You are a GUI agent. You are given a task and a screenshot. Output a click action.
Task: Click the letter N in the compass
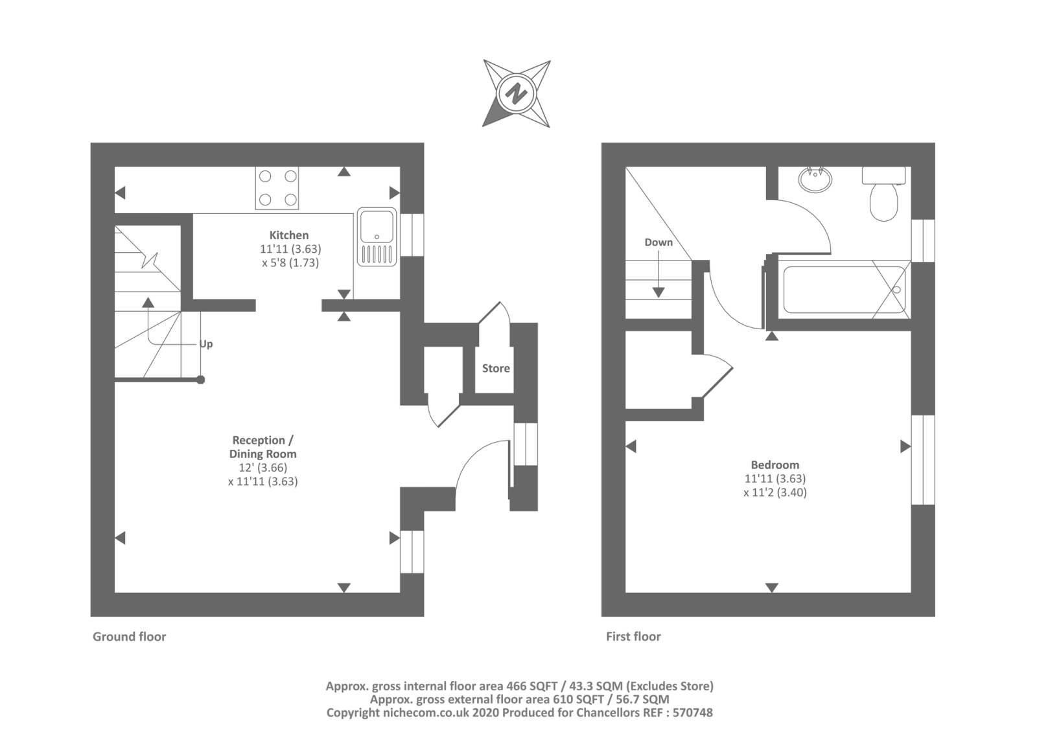point(517,94)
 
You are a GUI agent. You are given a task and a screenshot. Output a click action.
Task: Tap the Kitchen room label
point(289,235)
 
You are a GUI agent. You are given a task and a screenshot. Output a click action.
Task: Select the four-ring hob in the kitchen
point(277,188)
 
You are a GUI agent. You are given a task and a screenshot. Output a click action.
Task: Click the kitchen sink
point(377,237)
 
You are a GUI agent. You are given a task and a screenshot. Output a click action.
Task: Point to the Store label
point(496,368)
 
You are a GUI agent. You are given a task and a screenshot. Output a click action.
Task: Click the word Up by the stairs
point(206,344)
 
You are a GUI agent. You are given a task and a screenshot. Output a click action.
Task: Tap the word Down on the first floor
point(658,242)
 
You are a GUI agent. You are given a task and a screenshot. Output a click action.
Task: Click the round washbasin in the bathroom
point(815,179)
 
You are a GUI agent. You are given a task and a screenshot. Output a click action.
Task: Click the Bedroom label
point(775,465)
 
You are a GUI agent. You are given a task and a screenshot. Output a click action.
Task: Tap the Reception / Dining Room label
point(262,447)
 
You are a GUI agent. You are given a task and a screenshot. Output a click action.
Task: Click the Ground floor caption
point(130,636)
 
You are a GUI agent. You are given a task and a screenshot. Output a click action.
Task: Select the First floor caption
point(633,636)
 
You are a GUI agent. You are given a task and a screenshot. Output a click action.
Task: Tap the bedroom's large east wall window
point(923,460)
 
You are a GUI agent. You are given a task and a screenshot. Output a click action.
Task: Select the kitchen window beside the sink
point(412,235)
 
